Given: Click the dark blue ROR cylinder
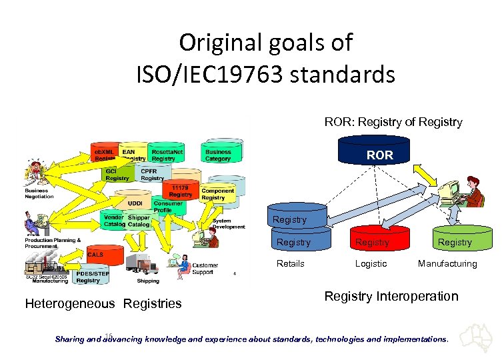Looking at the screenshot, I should (x=379, y=155).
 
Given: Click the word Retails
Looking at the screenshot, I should (x=291, y=263).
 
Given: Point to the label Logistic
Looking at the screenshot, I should (x=371, y=263).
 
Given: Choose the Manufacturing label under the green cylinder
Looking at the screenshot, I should (x=447, y=263).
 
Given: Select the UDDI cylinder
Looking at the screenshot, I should (x=137, y=201).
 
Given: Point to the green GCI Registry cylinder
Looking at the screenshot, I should (x=118, y=175).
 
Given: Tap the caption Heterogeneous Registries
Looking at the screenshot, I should (x=103, y=304).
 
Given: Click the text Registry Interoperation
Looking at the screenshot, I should (x=391, y=296).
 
